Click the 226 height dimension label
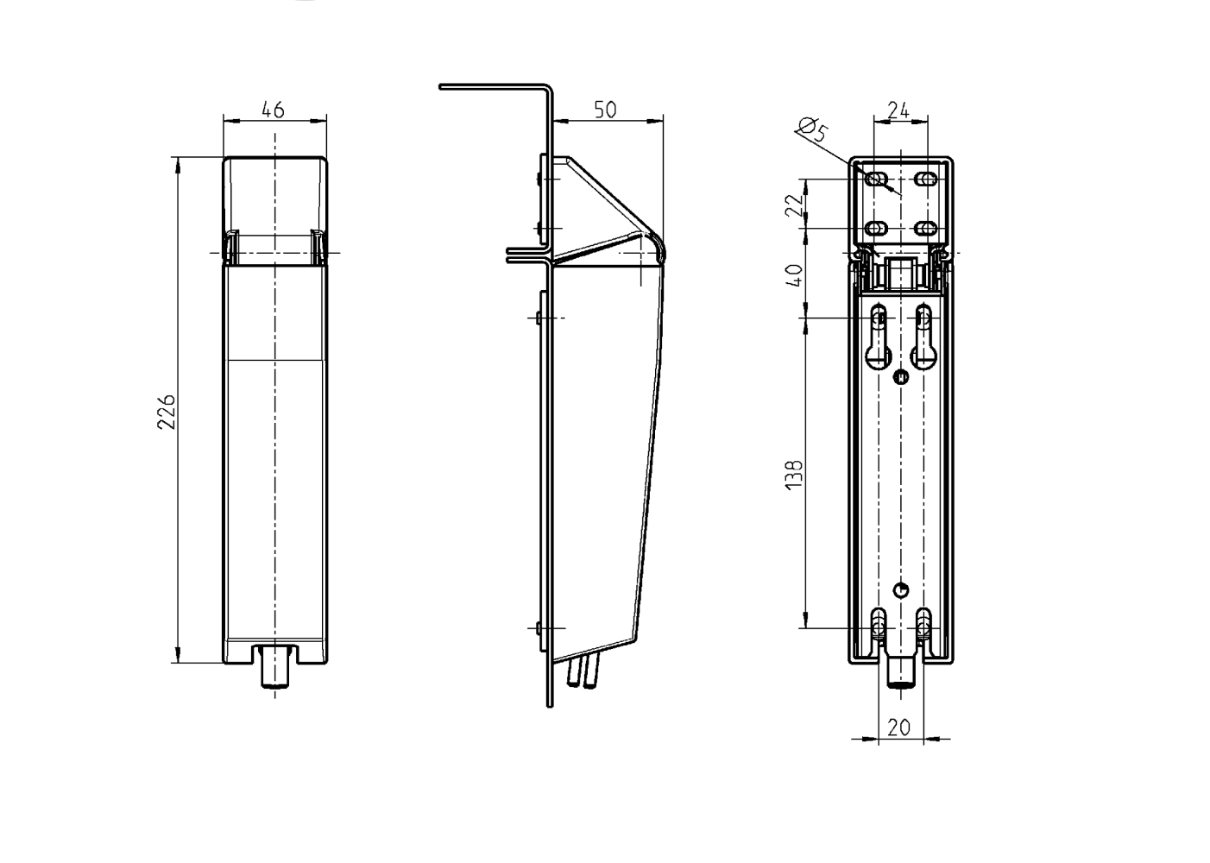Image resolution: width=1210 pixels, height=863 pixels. click(167, 412)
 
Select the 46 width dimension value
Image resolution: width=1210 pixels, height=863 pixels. click(273, 110)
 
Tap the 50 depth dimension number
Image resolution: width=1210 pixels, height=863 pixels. click(605, 110)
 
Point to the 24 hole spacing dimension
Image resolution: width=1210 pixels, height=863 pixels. click(898, 110)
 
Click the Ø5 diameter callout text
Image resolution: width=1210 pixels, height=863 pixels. click(812, 130)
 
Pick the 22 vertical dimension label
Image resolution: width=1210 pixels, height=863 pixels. click(794, 205)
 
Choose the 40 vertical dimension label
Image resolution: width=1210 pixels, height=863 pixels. click(794, 275)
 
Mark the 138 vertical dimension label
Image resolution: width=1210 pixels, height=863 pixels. click(794, 476)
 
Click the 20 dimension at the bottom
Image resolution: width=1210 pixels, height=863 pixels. click(898, 728)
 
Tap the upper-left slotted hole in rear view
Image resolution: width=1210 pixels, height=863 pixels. click(876, 179)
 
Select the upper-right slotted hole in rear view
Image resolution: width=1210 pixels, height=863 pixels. click(926, 179)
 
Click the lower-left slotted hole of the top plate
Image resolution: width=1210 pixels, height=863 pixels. click(876, 229)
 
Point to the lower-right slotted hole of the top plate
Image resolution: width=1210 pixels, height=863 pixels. click(926, 229)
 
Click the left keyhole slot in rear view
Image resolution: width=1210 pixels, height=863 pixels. click(879, 337)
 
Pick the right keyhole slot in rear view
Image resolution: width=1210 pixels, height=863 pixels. click(923, 337)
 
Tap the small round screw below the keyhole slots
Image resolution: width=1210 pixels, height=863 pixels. click(901, 377)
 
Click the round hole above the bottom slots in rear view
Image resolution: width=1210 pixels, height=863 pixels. click(901, 590)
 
